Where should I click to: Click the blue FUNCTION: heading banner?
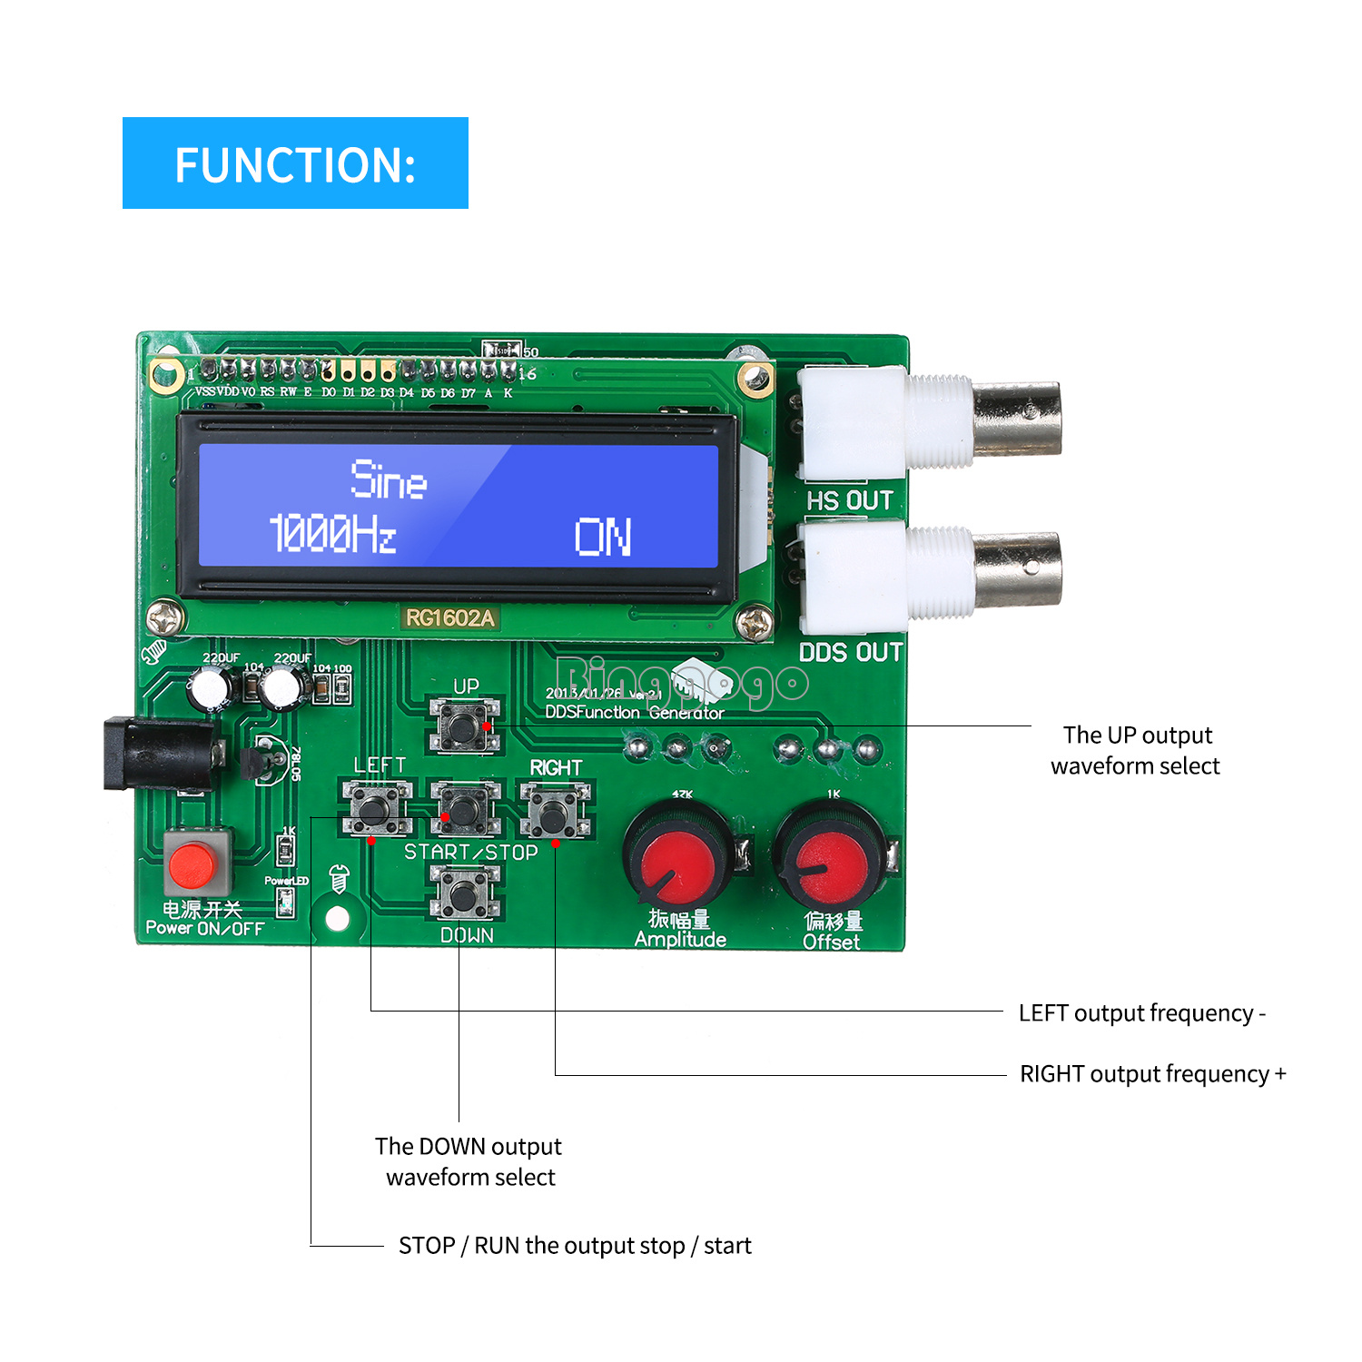click(x=295, y=163)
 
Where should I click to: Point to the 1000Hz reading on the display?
click(x=332, y=533)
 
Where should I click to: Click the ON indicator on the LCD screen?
click(x=603, y=537)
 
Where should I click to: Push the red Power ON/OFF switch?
click(x=193, y=864)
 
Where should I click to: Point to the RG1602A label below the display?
click(x=449, y=618)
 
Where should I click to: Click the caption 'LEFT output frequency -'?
click(x=1141, y=1013)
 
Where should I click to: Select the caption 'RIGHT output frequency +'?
click(x=1152, y=1074)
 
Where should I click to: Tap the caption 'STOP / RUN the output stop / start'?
click(x=575, y=1246)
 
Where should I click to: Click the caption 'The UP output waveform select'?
click(x=1136, y=750)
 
